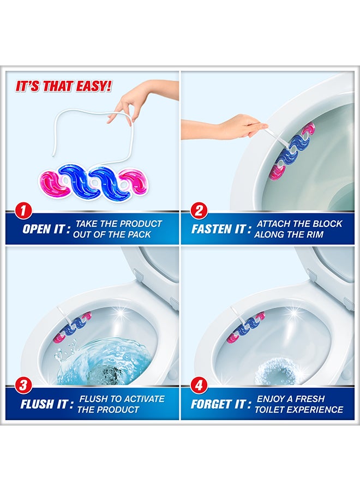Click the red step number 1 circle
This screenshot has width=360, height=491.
[22, 211]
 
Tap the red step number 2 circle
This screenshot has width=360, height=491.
[199, 211]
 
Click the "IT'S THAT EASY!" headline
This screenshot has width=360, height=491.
[64, 86]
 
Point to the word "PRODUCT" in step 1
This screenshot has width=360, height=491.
[141, 224]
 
